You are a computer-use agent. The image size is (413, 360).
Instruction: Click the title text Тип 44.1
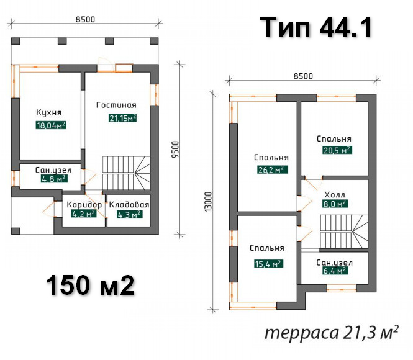point(316,27)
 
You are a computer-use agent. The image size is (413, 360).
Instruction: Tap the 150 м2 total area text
point(90,286)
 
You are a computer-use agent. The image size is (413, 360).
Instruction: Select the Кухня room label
point(48,112)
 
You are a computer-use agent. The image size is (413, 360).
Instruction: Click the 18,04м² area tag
point(51,125)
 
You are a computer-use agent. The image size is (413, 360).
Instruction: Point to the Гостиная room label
point(116,105)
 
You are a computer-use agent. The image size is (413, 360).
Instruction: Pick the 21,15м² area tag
point(123,118)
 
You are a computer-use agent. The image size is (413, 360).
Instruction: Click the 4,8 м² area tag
point(54,179)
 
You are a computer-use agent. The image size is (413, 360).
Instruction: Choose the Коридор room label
point(84,204)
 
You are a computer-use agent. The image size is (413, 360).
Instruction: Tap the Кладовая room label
point(129,204)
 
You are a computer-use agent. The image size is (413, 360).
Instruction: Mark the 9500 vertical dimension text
point(175,150)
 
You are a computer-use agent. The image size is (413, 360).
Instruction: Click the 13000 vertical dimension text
point(208,202)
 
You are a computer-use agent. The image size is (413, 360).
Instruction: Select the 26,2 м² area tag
point(273,169)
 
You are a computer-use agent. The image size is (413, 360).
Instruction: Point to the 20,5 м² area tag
point(337,150)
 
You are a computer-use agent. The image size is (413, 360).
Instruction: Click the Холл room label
point(335,195)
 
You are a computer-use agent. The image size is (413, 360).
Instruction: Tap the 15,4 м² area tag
point(269,263)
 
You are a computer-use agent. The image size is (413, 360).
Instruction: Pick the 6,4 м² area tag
point(335,271)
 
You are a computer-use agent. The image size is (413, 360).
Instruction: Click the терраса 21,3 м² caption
point(332,333)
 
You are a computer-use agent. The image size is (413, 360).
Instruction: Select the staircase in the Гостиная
point(126,173)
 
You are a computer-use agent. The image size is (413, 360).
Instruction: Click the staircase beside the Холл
point(344,232)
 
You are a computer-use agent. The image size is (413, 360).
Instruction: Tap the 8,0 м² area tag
point(335,204)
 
